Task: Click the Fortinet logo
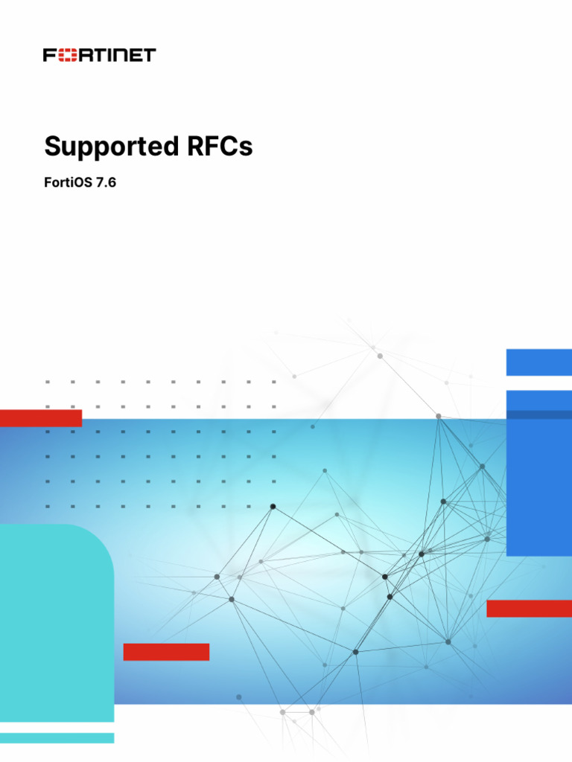click(x=99, y=55)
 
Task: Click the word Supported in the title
click(x=102, y=147)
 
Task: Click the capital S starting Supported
click(x=51, y=147)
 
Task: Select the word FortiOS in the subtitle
click(x=67, y=182)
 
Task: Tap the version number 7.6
click(x=107, y=182)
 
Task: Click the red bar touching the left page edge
click(x=40, y=418)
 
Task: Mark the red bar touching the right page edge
click(x=529, y=609)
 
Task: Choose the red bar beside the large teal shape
click(x=166, y=652)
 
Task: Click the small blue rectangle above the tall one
click(x=538, y=362)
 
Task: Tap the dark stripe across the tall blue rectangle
click(x=538, y=414)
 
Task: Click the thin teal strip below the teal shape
click(x=57, y=737)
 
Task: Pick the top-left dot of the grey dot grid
click(x=47, y=382)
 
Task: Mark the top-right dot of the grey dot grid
click(x=273, y=382)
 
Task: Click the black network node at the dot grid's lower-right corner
click(x=273, y=507)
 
